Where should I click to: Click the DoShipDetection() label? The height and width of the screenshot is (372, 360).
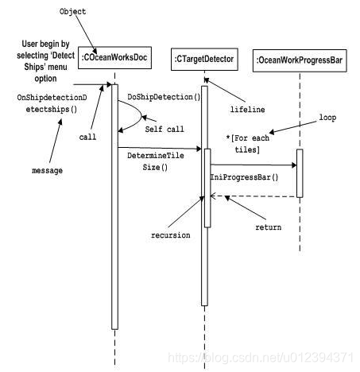165,97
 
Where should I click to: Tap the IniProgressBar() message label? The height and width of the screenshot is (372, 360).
244,176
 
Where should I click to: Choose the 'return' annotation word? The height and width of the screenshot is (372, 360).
268,227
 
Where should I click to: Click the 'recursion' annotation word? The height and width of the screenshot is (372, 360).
171,236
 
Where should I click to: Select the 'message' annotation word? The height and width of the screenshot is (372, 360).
47,171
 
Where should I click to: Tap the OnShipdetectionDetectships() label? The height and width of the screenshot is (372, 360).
47,103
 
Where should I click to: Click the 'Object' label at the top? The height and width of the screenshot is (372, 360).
74,13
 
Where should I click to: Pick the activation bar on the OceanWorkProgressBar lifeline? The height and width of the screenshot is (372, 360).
300,172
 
